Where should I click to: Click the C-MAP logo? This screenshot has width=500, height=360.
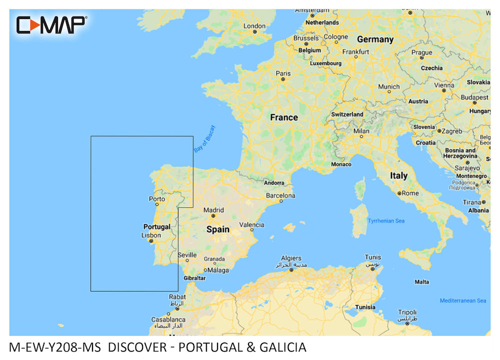click(51, 24)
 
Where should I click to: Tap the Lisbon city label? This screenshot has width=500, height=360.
click(151, 235)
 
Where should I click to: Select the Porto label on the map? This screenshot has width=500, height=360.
click(157, 199)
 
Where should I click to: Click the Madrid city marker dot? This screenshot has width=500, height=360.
click(212, 216)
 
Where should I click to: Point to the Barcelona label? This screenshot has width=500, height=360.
click(280, 195)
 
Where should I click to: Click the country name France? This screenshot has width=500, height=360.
click(283, 117)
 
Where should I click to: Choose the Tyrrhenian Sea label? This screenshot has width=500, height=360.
click(386, 220)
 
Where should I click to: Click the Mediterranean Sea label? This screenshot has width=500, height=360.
click(462, 300)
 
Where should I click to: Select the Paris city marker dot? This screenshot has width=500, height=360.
click(283, 79)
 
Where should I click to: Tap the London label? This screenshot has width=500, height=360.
click(254, 26)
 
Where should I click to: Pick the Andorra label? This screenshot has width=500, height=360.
click(273, 183)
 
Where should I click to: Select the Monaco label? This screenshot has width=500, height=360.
click(341, 164)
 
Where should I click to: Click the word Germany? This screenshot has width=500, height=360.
click(375, 39)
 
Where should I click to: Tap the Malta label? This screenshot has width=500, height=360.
click(421, 281)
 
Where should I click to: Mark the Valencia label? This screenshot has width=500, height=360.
click(251, 225)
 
